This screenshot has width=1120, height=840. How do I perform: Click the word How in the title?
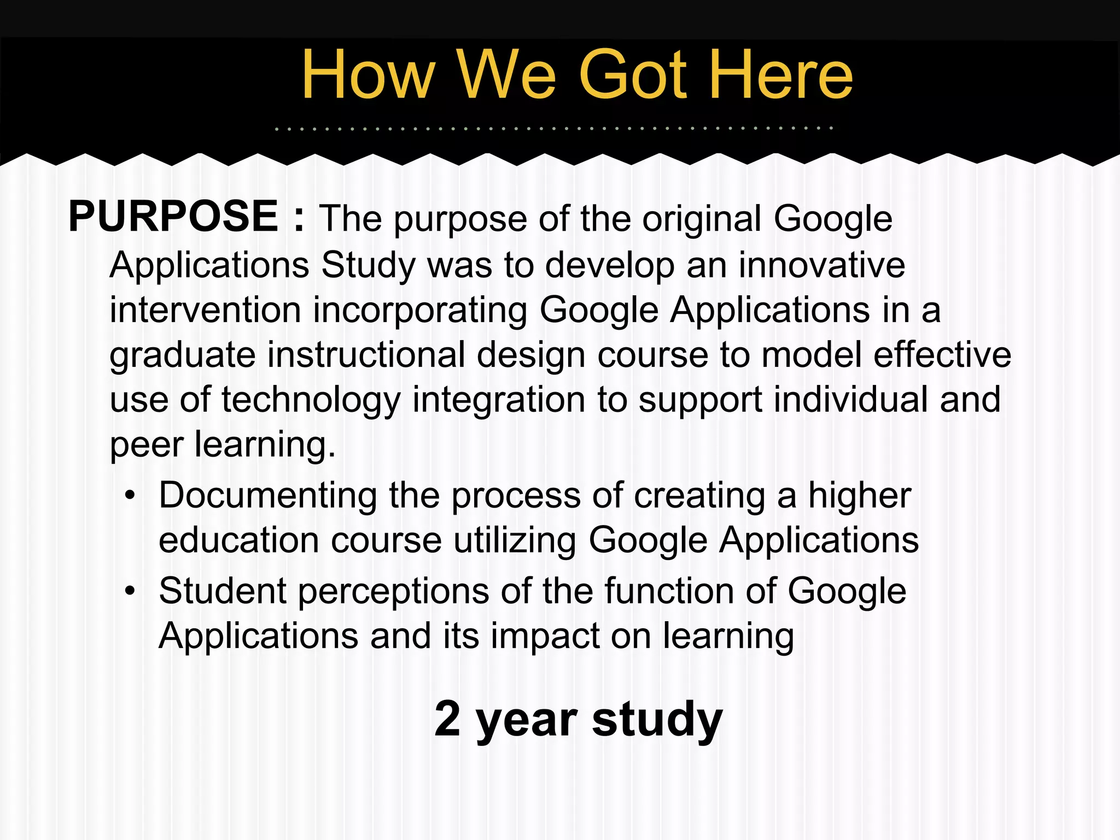tap(368, 75)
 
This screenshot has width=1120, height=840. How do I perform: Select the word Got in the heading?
tap(632, 75)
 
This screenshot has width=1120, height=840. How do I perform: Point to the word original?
tap(702, 219)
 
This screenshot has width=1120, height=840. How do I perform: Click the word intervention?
tap(205, 310)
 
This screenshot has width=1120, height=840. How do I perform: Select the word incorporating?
tap(420, 310)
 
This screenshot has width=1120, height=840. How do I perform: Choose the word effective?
tap(942, 355)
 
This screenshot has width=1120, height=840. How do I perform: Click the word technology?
tap(311, 400)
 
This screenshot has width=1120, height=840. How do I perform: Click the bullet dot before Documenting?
tap(130, 496)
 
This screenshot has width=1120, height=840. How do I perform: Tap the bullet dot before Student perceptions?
tap(130, 591)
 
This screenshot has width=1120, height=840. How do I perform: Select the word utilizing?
tap(515, 541)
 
